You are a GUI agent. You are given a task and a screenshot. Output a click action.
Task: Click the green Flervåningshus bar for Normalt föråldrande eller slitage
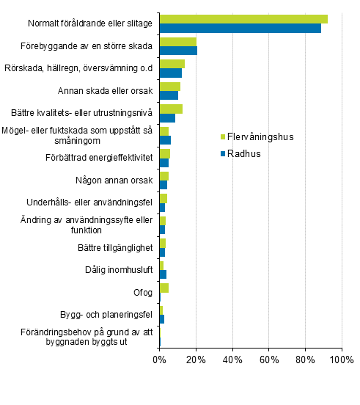pos(243,19)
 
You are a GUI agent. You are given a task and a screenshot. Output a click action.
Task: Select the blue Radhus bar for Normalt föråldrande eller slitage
pos(240,29)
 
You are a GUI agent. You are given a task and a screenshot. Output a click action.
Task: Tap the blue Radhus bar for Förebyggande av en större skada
pos(178,51)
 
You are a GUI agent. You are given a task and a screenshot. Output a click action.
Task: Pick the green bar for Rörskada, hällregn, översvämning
pos(172,64)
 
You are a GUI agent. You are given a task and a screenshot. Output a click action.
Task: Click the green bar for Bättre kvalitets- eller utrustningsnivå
pos(171,109)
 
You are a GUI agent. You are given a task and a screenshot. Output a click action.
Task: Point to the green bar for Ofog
pos(164,288)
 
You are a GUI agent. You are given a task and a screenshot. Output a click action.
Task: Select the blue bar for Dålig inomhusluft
pos(163,274)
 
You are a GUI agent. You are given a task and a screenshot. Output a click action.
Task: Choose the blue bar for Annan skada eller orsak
pos(169,95)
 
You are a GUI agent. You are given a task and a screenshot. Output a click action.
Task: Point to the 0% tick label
pos(159,360)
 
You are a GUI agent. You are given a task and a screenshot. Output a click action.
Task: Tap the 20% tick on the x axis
pos(196,360)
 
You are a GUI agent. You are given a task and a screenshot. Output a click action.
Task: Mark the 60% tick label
pos(269,360)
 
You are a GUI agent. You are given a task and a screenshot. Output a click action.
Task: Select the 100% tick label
pos(341,360)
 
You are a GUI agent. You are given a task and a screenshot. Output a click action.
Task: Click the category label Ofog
pos(142,292)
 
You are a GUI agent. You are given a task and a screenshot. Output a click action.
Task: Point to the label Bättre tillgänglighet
pos(114,247)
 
